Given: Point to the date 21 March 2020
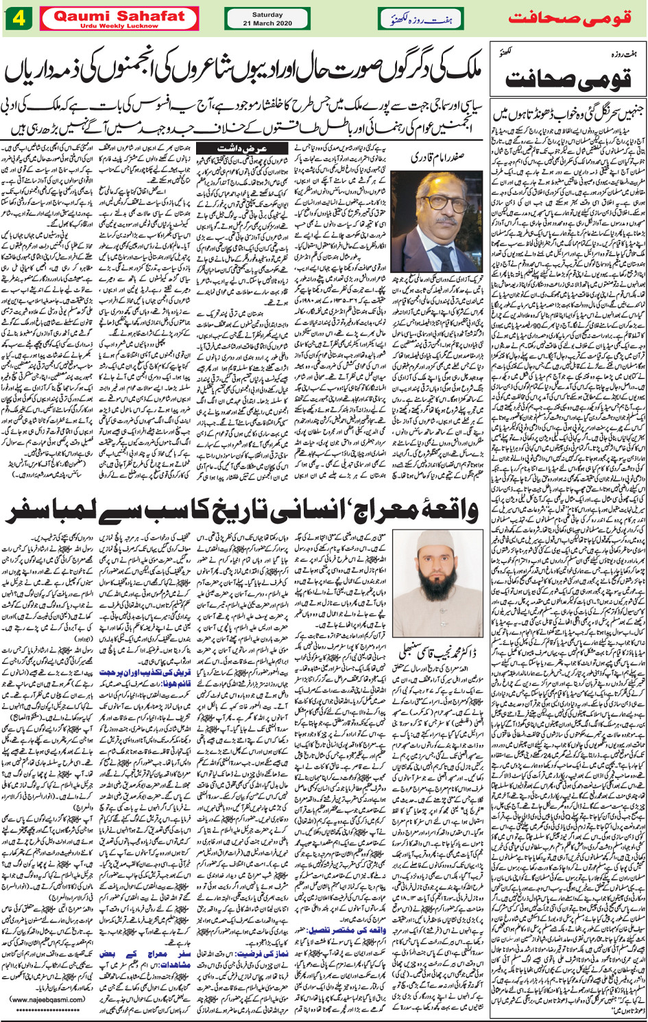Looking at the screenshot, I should click(267, 23).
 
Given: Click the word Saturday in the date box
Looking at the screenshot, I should click(267, 14).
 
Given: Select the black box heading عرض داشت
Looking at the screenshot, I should click(237, 149).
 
